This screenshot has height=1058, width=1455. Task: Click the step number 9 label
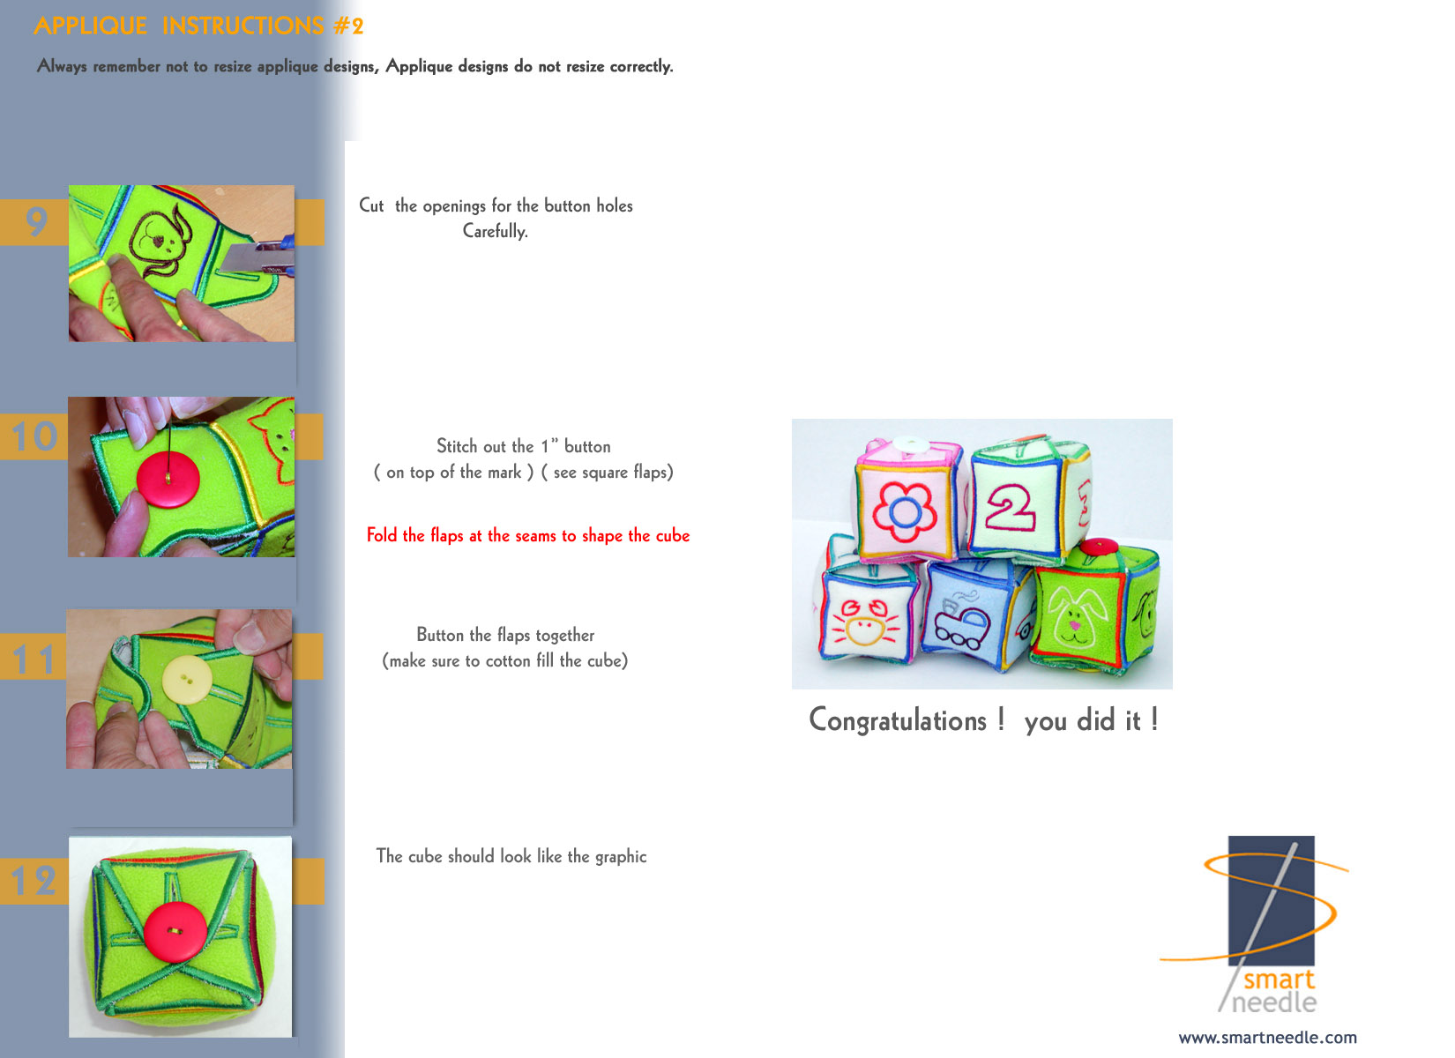(36, 222)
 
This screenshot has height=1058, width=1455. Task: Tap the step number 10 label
(34, 436)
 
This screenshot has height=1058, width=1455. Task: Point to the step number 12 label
(34, 881)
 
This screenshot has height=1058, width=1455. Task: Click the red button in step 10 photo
(168, 481)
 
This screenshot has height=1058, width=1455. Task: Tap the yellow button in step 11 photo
(186, 679)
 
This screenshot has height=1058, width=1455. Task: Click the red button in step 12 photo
(175, 931)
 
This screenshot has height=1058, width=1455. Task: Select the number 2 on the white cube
(1010, 507)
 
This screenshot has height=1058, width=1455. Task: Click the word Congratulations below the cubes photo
(898, 721)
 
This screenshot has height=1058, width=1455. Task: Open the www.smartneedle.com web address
(1267, 1038)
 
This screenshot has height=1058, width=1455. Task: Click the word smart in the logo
(1279, 979)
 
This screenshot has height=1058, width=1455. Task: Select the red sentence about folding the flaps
(528, 536)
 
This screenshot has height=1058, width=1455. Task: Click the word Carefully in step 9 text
(495, 231)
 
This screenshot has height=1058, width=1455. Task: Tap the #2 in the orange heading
(348, 26)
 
